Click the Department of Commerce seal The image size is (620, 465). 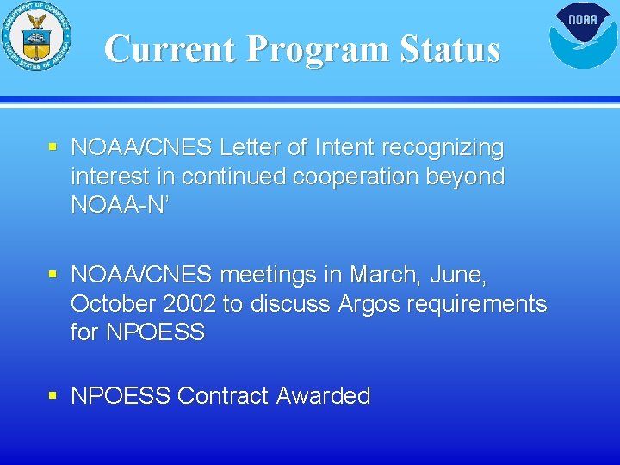tap(36, 36)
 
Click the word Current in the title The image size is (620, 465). tap(170, 49)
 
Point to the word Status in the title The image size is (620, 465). tap(449, 49)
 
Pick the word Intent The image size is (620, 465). tap(343, 148)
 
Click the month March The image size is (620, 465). tap(382, 276)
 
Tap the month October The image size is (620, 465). tap(112, 304)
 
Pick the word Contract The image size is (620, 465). tap(223, 396)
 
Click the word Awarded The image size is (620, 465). tap(324, 396)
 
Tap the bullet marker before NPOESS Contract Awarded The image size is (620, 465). tap(53, 395)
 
